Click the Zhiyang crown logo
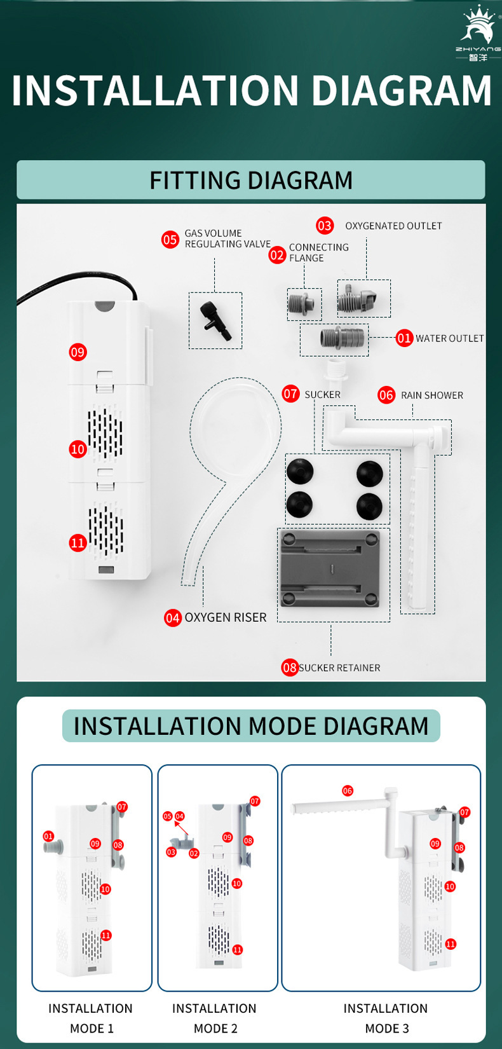tap(478, 33)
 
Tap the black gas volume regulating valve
tap(215, 321)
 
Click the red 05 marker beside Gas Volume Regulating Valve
tap(170, 240)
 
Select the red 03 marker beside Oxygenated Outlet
tap(325, 225)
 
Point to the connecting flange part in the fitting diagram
tap(304, 304)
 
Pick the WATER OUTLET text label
tap(449, 338)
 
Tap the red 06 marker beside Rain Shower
tap(386, 395)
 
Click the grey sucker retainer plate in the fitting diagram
tap(330, 568)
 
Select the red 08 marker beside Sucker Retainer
tap(290, 668)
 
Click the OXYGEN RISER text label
tap(225, 617)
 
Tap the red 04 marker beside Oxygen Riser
tap(173, 618)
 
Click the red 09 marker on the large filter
tap(78, 352)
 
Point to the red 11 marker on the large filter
tap(78, 543)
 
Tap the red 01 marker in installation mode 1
tap(48, 837)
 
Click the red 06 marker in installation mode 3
tap(348, 791)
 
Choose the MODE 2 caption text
tap(215, 1029)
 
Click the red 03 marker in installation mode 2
tap(172, 853)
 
